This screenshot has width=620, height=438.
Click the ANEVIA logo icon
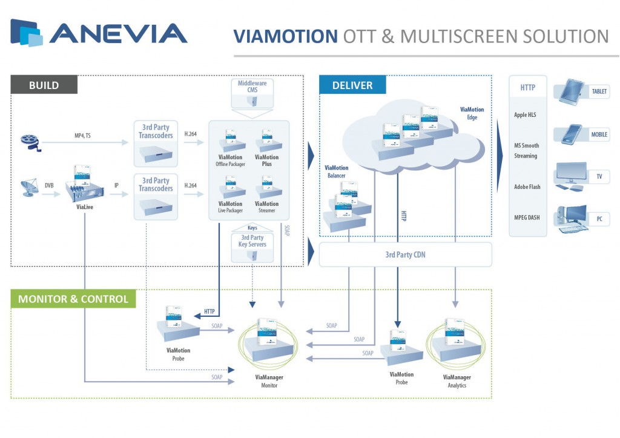[x=27, y=33]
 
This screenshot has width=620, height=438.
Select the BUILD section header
[x=44, y=85]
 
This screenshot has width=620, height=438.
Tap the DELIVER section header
[x=352, y=85]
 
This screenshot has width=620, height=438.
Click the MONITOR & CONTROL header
[x=73, y=299]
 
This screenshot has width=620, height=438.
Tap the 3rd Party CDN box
[x=405, y=254]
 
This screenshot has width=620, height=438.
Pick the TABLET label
[x=599, y=92]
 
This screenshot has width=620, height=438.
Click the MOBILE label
[x=599, y=135]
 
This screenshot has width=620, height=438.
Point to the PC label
[x=599, y=219]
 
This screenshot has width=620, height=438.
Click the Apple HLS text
[x=524, y=114]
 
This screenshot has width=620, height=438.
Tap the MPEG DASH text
[x=526, y=217]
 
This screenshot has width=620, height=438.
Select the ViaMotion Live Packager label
[x=230, y=207]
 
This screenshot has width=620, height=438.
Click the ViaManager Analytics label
[x=457, y=381]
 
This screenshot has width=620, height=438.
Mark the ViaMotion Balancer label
[x=337, y=171]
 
